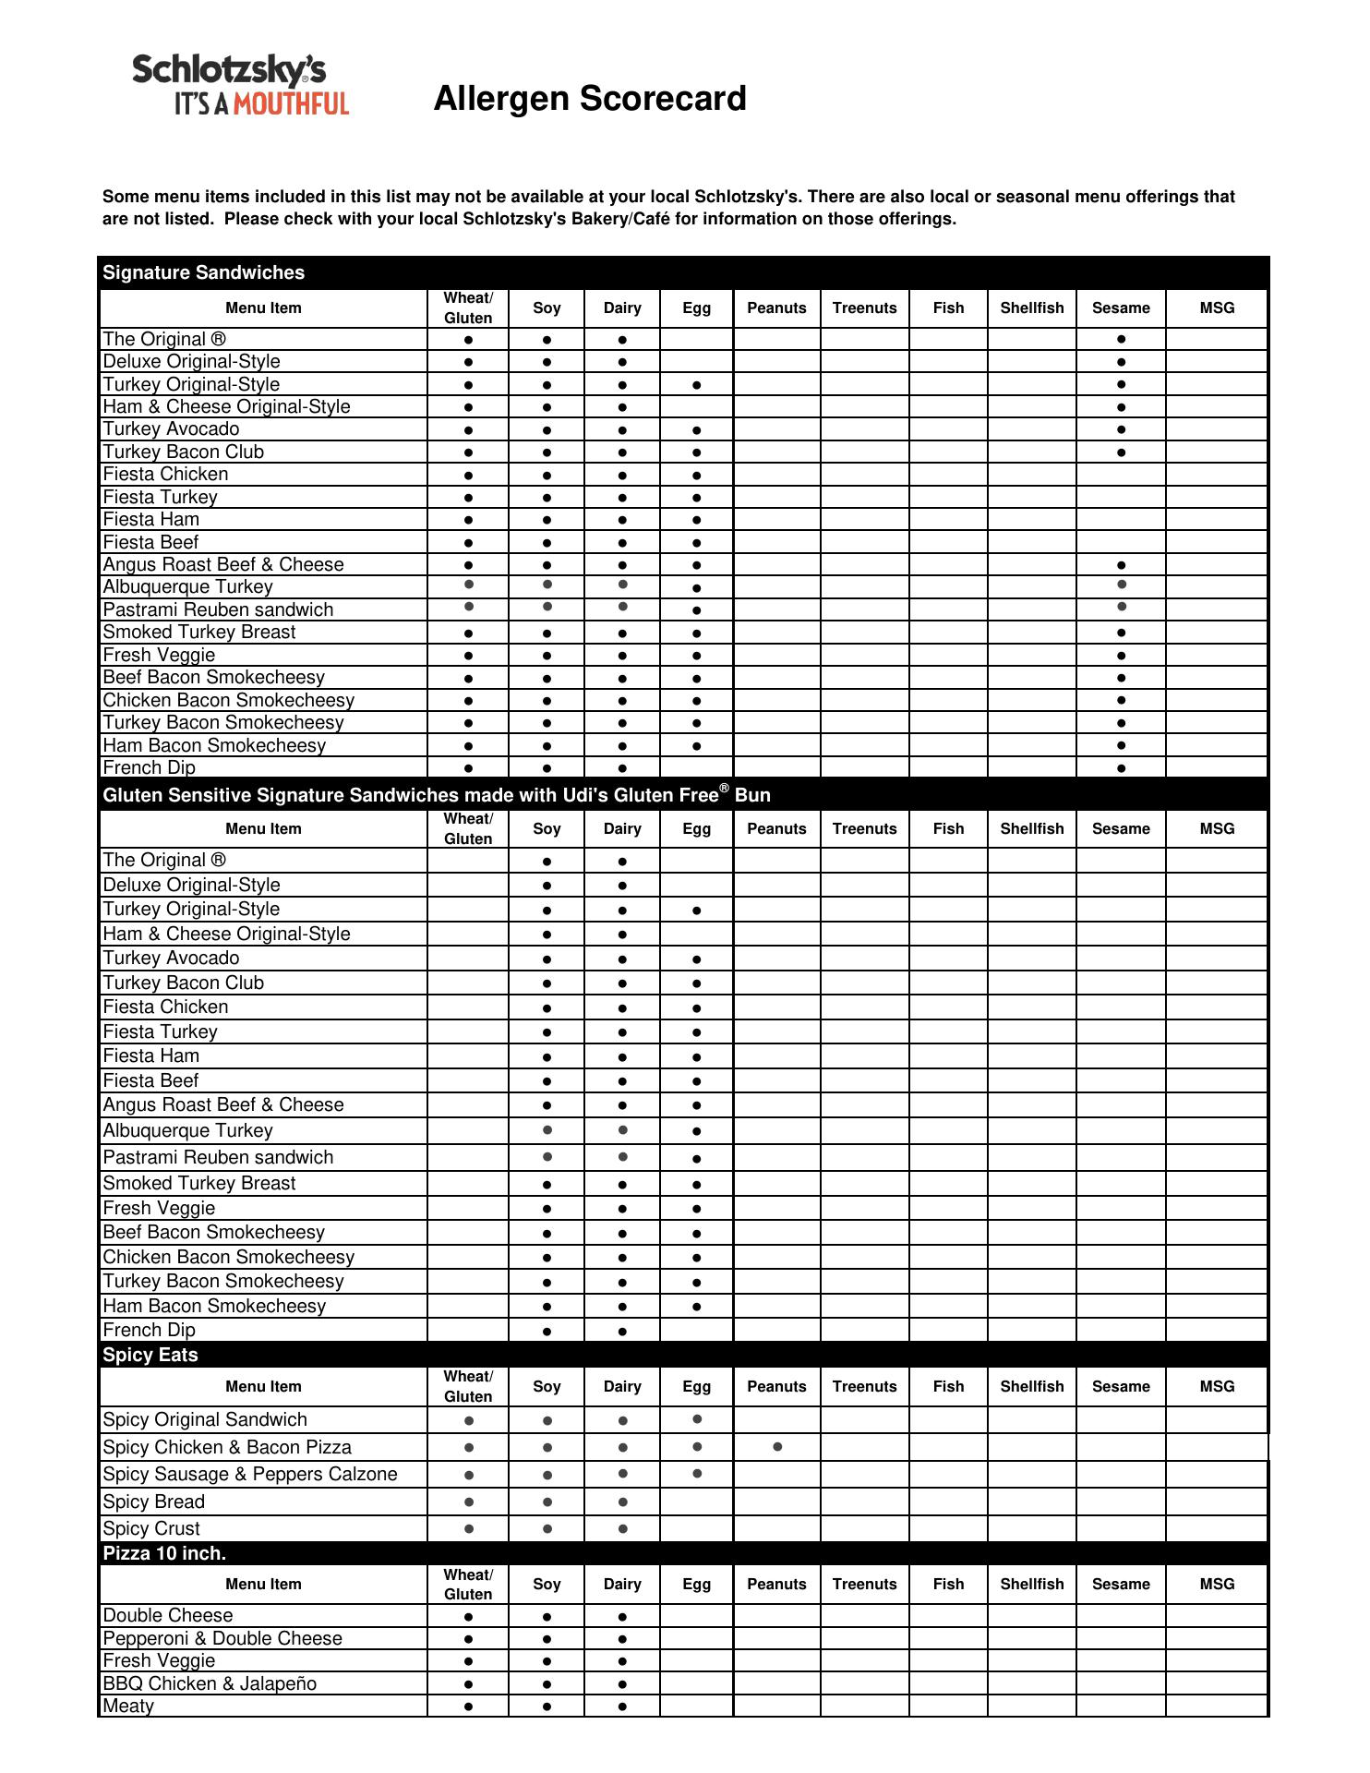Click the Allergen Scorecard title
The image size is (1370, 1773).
coord(590,99)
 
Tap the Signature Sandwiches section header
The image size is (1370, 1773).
coord(204,272)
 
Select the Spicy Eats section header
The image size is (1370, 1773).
coord(150,1355)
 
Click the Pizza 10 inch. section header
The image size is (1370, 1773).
coord(164,1553)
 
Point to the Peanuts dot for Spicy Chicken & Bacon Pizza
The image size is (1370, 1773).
coord(777,1447)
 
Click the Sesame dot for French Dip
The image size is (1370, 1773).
coord(1121,768)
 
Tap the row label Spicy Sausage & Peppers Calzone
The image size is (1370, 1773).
coord(250,1474)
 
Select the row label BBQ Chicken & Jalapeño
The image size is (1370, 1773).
coord(210,1683)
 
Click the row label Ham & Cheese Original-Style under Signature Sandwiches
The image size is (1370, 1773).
coord(226,406)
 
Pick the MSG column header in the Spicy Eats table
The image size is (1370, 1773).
coord(1217,1386)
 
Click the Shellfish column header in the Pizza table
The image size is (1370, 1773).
coord(1031,1584)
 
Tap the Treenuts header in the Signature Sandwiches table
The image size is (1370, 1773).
coord(864,308)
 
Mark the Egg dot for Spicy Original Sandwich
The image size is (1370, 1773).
coord(697,1419)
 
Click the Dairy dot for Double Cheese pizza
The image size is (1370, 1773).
coord(623,1617)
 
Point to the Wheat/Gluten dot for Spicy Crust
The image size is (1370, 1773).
coord(469,1529)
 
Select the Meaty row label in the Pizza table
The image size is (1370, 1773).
coord(128,1706)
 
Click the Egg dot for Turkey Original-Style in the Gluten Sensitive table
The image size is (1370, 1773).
coord(697,911)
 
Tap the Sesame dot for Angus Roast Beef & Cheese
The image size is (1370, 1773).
coord(1121,565)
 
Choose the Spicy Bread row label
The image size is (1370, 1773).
coord(154,1502)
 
